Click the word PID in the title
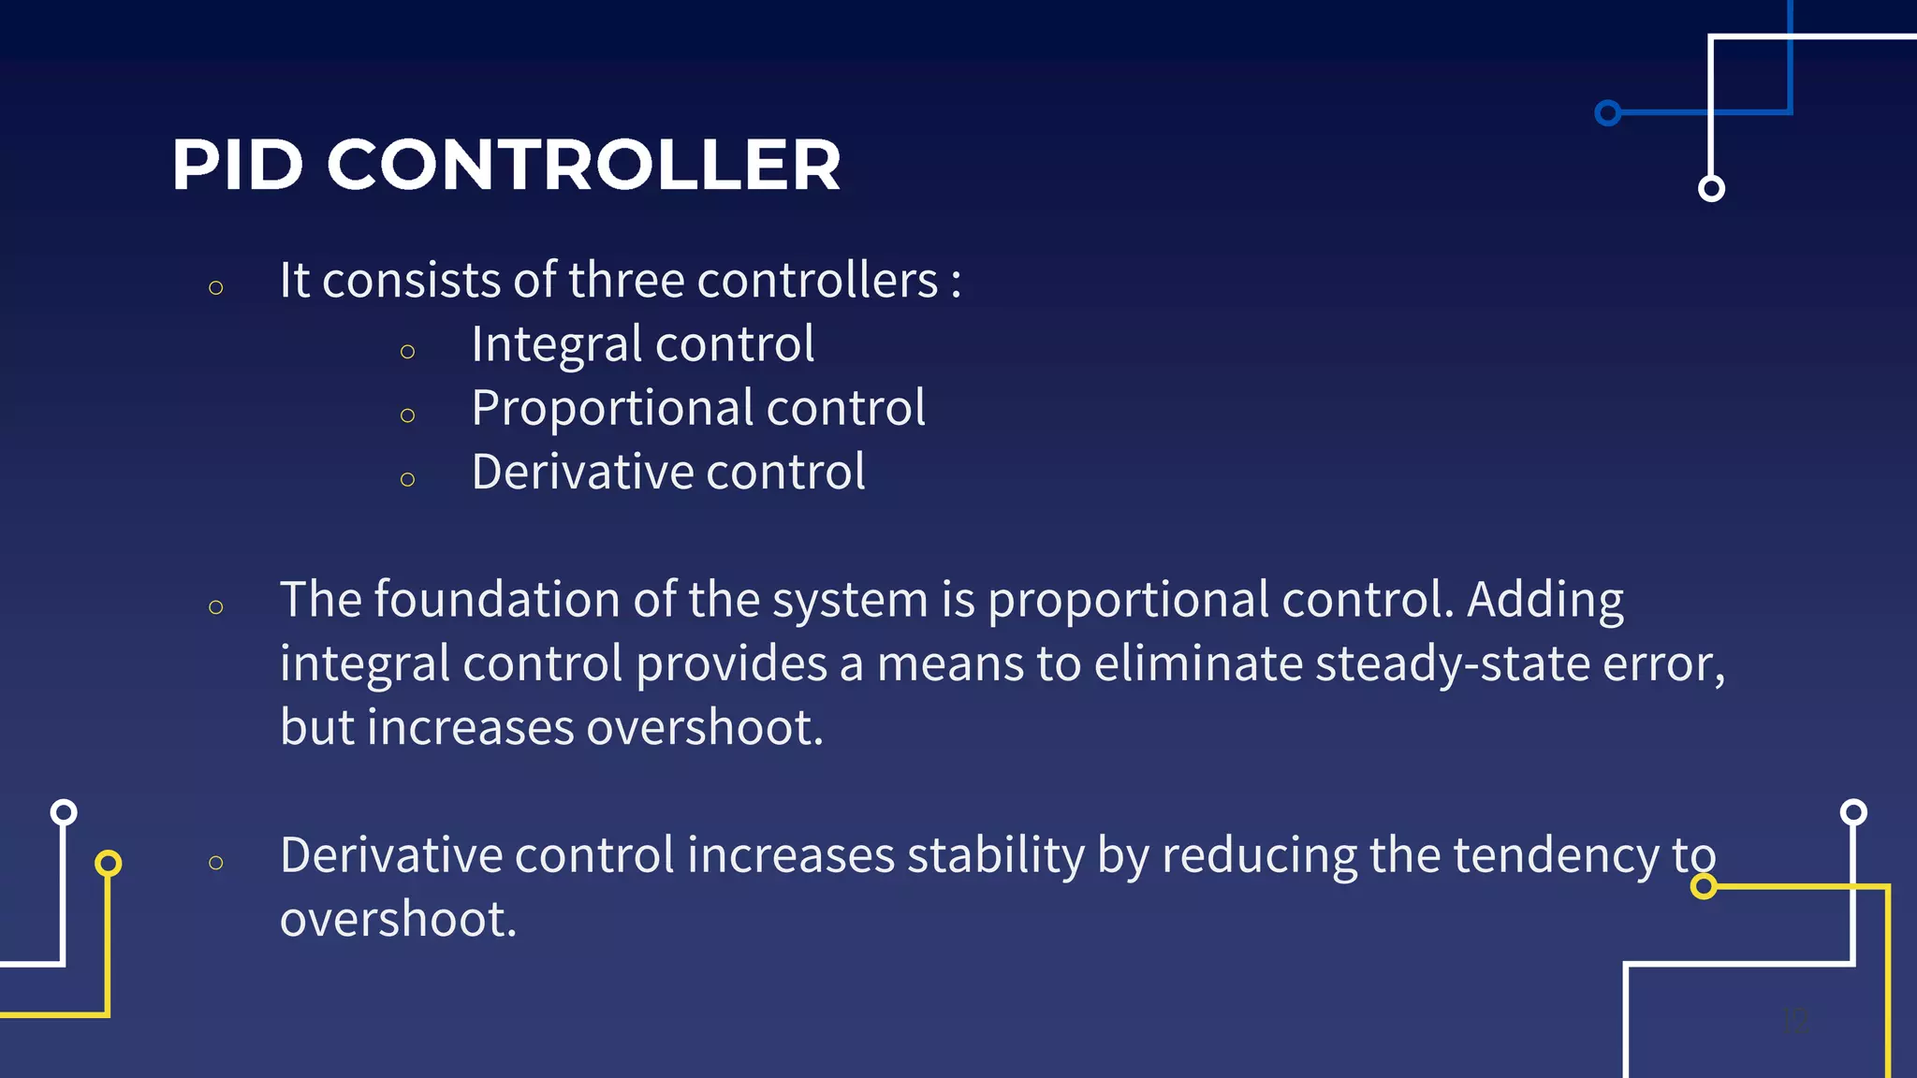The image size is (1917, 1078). click(x=238, y=166)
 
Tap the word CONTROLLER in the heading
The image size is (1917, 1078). click(x=583, y=166)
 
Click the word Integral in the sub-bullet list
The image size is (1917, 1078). click(x=557, y=345)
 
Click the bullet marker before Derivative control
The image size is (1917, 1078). click(x=407, y=480)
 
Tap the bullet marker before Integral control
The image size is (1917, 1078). click(x=407, y=352)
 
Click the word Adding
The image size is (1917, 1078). click(x=1544, y=601)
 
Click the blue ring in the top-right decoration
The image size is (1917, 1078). click(x=1607, y=113)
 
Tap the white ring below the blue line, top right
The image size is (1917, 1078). click(x=1711, y=189)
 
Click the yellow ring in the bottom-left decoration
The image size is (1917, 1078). click(x=109, y=863)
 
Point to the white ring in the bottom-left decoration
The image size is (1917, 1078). click(x=64, y=811)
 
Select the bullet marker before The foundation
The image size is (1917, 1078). click(x=216, y=607)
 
